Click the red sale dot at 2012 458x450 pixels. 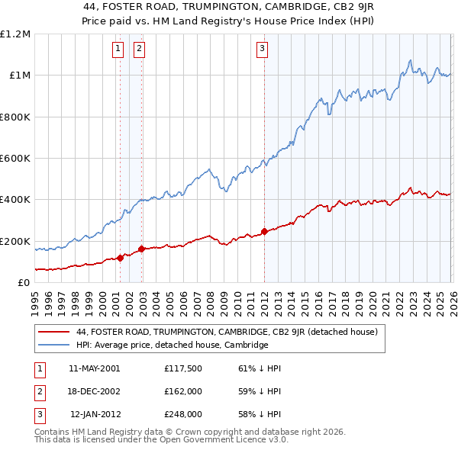(264, 231)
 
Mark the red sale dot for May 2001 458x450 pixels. (121, 259)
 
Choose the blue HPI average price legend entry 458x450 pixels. (172, 345)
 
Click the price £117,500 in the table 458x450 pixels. (182, 368)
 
